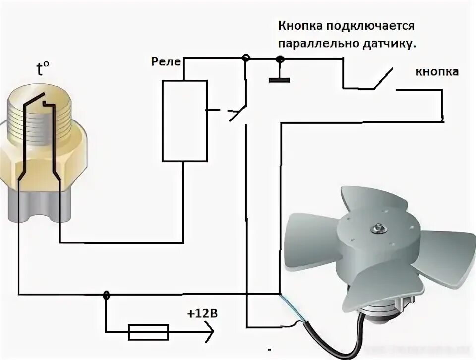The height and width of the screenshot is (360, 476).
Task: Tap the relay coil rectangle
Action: pos(184,120)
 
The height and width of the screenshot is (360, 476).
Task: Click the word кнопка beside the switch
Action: pos(436,72)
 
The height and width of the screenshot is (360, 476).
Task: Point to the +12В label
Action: pos(202,314)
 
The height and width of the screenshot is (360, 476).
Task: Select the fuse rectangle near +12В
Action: pos(148,332)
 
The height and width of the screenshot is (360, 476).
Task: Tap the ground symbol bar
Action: pos(279,79)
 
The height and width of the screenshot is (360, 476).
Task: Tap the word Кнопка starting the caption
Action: pos(299,25)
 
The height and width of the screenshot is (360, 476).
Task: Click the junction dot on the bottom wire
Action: pos(106,295)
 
